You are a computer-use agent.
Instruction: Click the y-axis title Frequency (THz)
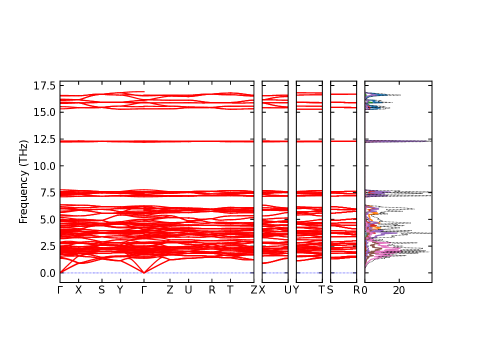23,181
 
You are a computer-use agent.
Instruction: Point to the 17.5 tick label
45,86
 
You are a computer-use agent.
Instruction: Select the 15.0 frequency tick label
45,112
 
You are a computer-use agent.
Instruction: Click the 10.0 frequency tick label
45,165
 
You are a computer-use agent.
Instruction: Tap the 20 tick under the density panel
399,290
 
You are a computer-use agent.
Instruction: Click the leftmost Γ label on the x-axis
60,290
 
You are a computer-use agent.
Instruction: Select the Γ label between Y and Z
144,290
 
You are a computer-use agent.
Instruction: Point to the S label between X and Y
101,290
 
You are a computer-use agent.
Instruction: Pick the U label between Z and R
188,290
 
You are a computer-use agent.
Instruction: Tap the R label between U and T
212,290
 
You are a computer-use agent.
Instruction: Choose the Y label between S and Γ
119,290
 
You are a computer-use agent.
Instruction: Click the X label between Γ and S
78,290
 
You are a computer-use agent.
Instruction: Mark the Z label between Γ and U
169,290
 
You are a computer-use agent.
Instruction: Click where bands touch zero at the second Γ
144,272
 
